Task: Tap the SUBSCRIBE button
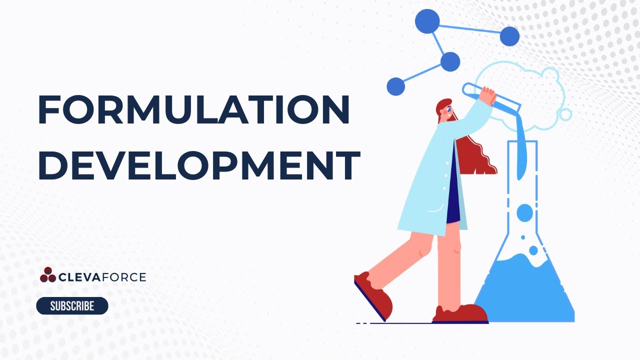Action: pos(72,306)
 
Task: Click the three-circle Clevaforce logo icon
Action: pos(48,274)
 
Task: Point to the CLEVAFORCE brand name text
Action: pos(102,276)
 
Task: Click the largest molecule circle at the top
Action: pos(427,21)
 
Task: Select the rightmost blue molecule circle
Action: pos(509,36)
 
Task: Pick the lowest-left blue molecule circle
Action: pos(395,86)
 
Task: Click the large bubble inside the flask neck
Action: pos(524,212)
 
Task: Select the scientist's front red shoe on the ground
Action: pos(460,313)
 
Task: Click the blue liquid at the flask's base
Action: pos(525,295)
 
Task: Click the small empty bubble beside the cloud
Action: pos(565,114)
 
